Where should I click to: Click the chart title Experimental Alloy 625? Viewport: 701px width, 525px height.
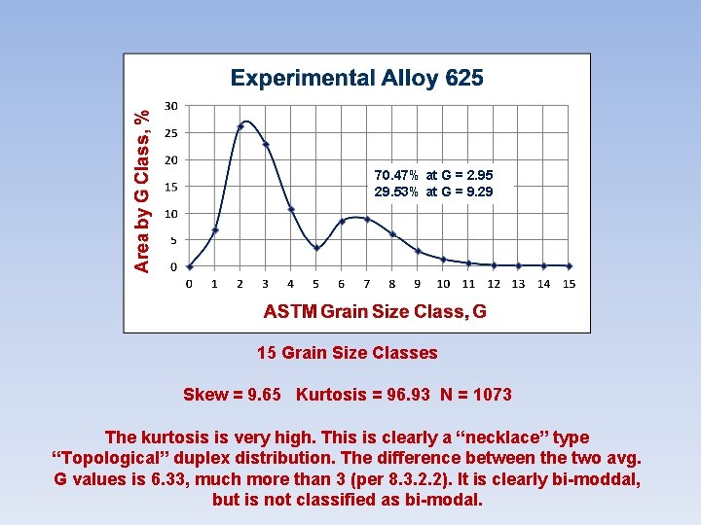click(x=356, y=79)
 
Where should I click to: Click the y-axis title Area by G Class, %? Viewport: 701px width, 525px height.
click(x=142, y=190)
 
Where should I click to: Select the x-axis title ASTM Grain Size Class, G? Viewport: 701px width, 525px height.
click(x=375, y=311)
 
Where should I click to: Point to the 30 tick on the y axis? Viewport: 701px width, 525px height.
click(x=170, y=106)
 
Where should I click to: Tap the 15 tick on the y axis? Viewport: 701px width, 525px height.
click(x=170, y=187)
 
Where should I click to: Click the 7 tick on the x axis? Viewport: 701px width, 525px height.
click(x=367, y=284)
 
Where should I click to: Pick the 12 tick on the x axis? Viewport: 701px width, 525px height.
click(x=494, y=284)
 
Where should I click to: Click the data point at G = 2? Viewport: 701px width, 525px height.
click(x=240, y=126)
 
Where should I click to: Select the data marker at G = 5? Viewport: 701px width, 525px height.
click(x=316, y=248)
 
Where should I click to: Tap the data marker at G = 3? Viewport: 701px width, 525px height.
click(x=266, y=144)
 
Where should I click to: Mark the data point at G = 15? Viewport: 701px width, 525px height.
click(x=570, y=265)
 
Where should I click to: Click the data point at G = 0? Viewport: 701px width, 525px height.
click(x=190, y=265)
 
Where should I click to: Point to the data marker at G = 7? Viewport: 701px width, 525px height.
click(x=367, y=219)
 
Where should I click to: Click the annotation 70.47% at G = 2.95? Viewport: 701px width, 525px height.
click(x=433, y=175)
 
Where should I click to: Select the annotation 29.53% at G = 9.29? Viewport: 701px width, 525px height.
click(x=433, y=192)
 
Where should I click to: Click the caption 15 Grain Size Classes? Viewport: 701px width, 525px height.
click(x=348, y=353)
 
